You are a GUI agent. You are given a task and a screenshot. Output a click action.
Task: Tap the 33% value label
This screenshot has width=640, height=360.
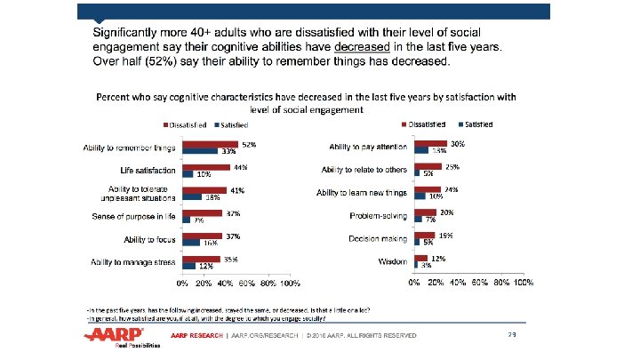[x=228, y=151]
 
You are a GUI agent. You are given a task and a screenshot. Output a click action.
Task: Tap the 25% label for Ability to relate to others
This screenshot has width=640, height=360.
[x=452, y=166]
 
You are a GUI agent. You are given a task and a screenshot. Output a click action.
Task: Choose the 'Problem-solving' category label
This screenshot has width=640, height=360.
[x=380, y=216]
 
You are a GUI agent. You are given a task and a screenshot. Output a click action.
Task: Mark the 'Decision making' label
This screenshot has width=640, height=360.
[x=379, y=239]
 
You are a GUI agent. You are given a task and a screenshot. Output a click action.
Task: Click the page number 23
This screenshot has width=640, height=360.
[x=512, y=334]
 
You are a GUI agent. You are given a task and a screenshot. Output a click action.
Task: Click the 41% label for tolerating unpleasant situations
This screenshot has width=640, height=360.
[x=237, y=190]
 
